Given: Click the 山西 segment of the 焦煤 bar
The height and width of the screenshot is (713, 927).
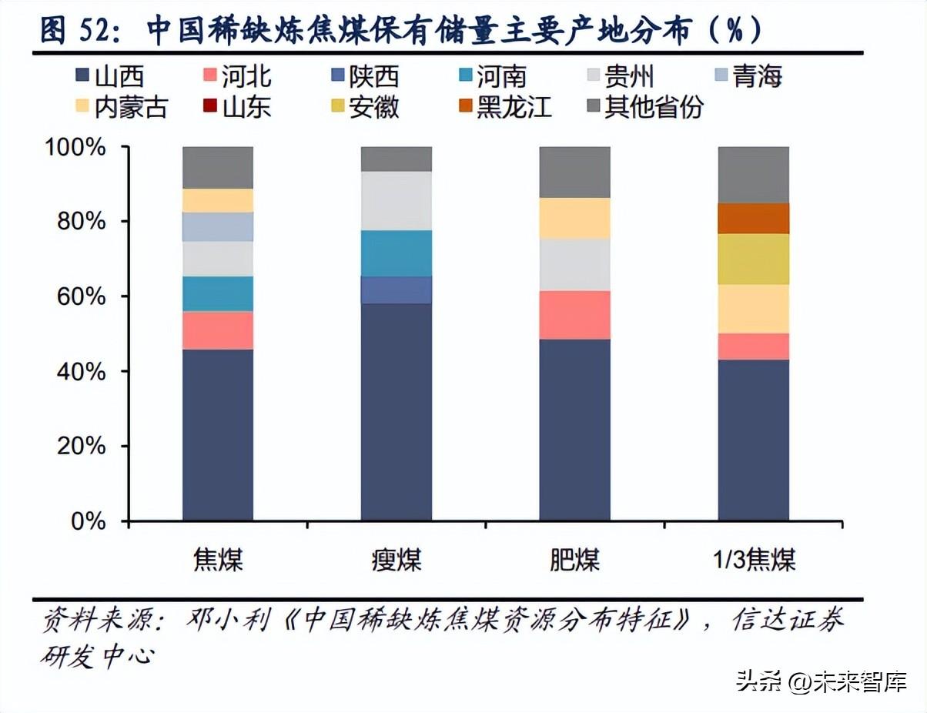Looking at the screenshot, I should click(x=218, y=435).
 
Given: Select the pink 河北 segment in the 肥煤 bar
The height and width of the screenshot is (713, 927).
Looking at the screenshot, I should click(x=574, y=315).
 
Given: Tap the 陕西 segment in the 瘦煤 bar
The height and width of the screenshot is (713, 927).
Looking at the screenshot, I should click(x=396, y=290).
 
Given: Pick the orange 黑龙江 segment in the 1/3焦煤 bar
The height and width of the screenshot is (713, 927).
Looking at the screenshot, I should click(x=753, y=218).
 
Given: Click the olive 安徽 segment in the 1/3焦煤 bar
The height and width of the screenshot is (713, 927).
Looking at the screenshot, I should click(x=753, y=259).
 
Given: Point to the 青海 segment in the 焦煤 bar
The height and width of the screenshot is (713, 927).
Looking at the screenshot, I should click(x=218, y=226).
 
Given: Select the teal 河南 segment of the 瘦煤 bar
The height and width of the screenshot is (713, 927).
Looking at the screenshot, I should click(x=396, y=253).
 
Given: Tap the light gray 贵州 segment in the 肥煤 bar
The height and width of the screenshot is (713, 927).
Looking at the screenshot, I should click(x=574, y=264).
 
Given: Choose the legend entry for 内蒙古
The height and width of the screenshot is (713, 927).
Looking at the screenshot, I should click(x=122, y=107).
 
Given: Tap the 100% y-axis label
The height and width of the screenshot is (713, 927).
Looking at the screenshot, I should click(x=75, y=147).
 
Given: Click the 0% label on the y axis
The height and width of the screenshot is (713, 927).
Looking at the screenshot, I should click(x=88, y=521).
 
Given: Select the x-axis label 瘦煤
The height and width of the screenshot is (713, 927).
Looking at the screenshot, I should click(x=396, y=560).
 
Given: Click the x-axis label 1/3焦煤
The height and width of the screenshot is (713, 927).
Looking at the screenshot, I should click(x=753, y=560).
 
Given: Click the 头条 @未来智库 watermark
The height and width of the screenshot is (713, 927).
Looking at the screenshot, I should click(x=821, y=681).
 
